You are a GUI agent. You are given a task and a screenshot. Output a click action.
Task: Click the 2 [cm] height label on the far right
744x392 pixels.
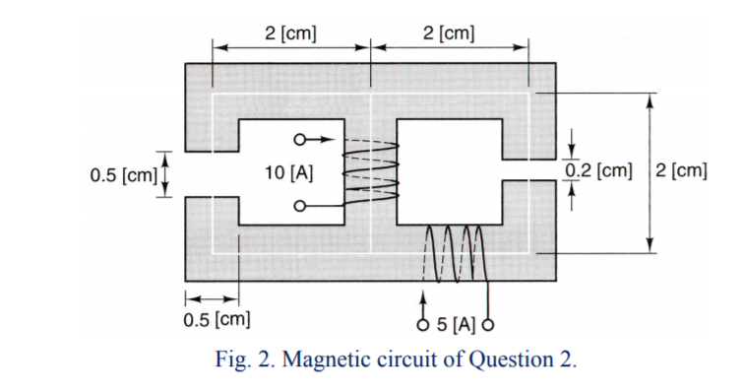click(681, 170)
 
